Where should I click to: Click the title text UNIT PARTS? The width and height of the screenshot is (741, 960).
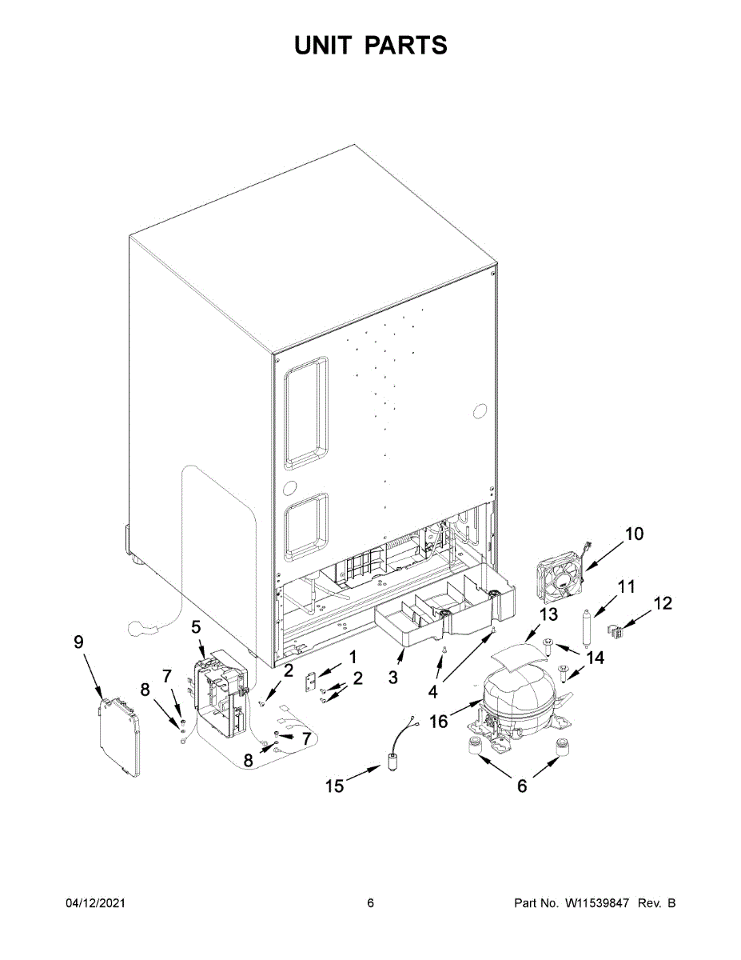point(370,46)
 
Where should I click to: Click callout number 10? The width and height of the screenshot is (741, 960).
point(633,534)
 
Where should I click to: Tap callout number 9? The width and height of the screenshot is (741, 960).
point(78,642)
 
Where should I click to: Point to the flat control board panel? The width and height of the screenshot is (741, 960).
point(120,736)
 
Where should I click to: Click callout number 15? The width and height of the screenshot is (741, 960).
point(334,786)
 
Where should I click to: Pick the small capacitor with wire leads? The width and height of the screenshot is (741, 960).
point(393,759)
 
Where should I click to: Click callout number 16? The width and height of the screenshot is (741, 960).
point(438,722)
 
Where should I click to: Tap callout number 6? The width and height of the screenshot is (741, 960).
point(522,786)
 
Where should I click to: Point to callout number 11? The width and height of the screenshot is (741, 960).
point(626,587)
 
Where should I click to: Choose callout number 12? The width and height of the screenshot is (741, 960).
point(663,604)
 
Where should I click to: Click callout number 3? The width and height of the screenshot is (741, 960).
point(392,678)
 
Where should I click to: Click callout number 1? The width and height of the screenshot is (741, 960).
point(352,657)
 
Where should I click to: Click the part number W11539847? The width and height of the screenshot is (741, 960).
point(597,903)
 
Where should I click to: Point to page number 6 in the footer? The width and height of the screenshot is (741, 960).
point(370,903)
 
